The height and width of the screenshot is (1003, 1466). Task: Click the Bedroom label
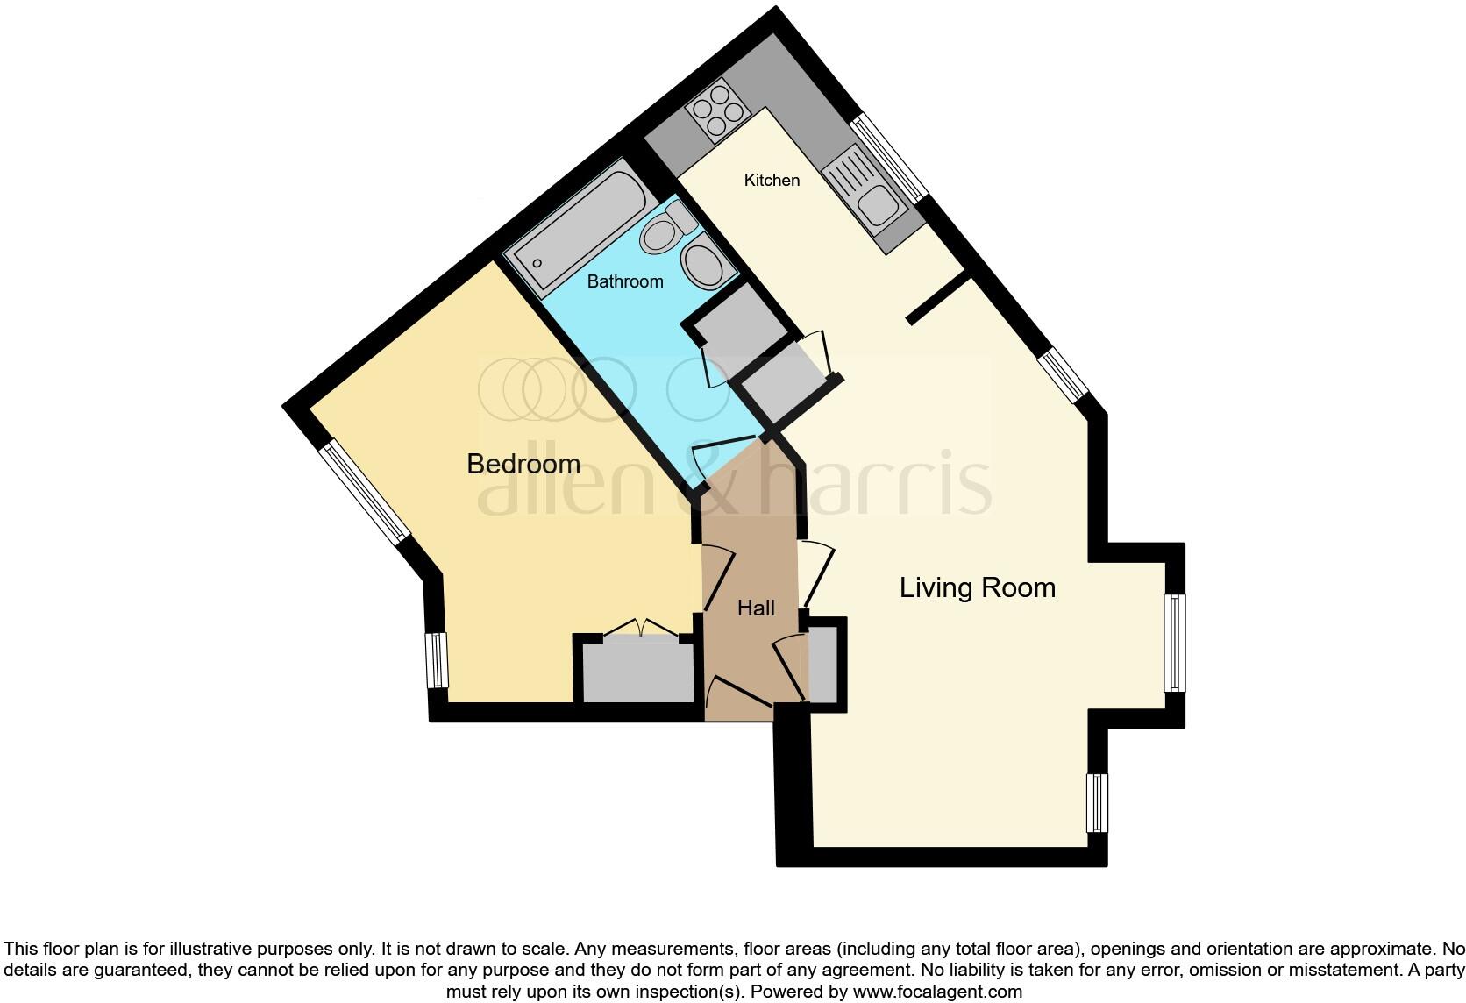click(523, 464)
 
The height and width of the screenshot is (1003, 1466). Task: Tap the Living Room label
click(977, 587)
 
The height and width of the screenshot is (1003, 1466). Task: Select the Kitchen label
click(772, 181)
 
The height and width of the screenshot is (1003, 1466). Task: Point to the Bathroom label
click(624, 281)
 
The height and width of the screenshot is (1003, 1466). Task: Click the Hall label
click(756, 608)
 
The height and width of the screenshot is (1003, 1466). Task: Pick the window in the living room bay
click(1174, 644)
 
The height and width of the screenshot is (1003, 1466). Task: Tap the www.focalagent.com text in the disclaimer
click(937, 992)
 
